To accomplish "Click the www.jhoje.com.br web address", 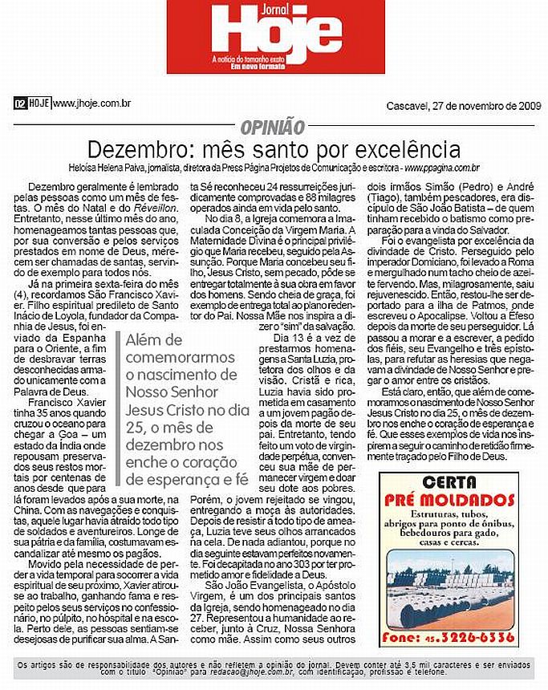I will pos(91,103).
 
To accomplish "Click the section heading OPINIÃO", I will pos(272,127).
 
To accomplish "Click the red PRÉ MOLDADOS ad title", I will pos(449,501).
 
